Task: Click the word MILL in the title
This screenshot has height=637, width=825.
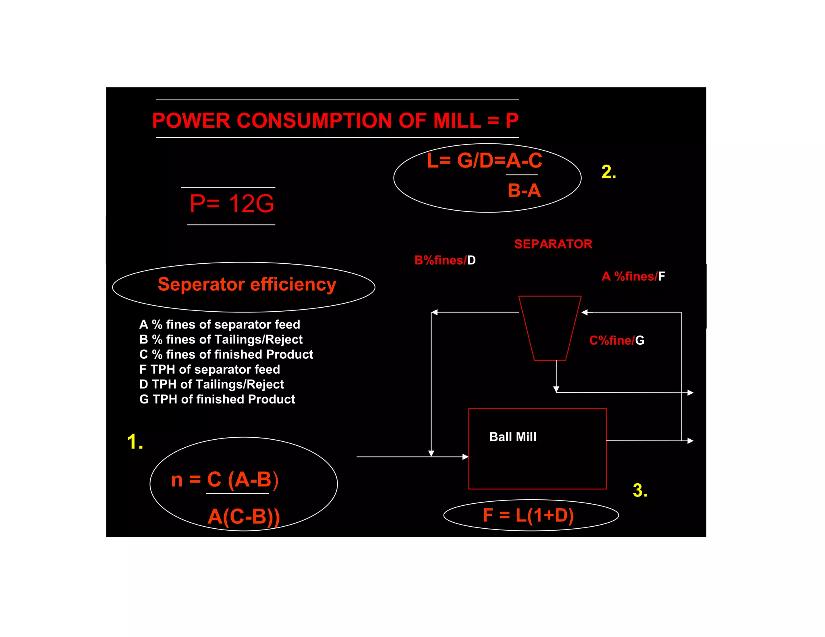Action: [x=457, y=120]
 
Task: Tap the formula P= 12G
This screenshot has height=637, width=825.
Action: [x=232, y=204]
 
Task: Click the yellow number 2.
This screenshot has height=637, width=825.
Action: [x=608, y=172]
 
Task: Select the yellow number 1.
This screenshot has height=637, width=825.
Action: [x=135, y=442]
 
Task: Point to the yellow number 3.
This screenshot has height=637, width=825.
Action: [x=640, y=490]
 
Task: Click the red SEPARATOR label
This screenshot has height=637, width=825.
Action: [x=553, y=244]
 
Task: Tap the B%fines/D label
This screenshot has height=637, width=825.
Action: [x=445, y=260]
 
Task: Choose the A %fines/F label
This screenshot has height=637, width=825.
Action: [x=633, y=276]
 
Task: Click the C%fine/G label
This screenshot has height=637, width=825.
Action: [x=616, y=341]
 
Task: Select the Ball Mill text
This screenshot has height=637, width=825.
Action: [x=512, y=437]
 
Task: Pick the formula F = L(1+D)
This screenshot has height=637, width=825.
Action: [x=528, y=515]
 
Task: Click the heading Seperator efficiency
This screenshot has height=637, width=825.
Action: [x=247, y=285]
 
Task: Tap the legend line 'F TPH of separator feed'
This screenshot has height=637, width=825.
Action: [x=209, y=369]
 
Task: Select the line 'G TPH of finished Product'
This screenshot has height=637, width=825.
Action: [x=217, y=399]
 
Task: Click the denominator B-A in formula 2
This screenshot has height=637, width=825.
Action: [x=524, y=190]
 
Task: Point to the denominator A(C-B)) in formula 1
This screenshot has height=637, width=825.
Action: [x=243, y=517]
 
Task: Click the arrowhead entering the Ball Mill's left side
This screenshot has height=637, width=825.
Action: [x=465, y=457]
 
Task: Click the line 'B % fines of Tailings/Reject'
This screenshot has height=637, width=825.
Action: [x=221, y=339]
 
